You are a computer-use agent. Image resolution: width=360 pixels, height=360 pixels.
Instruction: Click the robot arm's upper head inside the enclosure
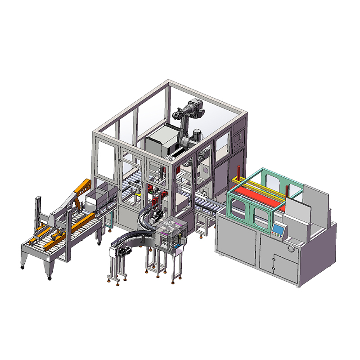click(x=194, y=108)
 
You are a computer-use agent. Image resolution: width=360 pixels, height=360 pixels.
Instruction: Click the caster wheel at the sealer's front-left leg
click(x=22, y=268)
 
